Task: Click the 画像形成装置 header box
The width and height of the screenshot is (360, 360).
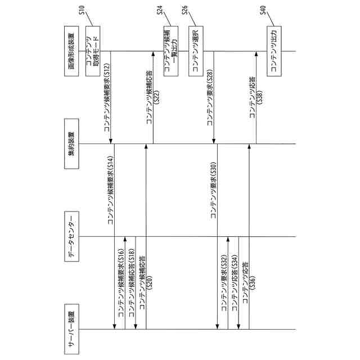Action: [71, 52]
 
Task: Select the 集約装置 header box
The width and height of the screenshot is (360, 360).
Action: [71, 143]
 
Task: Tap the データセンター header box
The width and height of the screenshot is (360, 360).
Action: [71, 236]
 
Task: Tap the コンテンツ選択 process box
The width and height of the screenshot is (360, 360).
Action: [196, 52]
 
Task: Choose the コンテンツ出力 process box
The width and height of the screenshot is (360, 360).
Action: [274, 52]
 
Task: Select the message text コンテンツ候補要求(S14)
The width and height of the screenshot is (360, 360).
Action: [111, 190]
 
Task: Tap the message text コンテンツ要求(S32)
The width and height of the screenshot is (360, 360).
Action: [223, 284]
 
